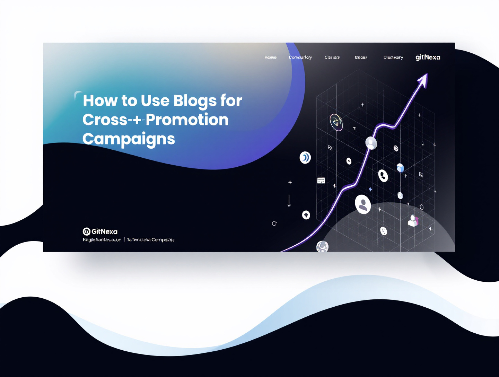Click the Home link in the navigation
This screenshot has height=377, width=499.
pyautogui.click(x=270, y=57)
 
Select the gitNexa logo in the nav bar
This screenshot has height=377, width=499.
pyautogui.click(x=428, y=57)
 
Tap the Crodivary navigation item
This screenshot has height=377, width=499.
pyautogui.click(x=393, y=57)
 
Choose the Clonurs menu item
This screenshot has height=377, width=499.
pyautogui.click(x=332, y=57)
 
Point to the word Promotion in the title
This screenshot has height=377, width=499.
pyautogui.click(x=187, y=120)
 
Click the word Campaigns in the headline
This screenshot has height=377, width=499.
pyautogui.click(x=129, y=139)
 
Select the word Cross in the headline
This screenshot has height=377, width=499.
pyautogui.click(x=105, y=120)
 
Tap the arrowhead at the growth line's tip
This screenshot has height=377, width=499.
pyautogui.click(x=423, y=79)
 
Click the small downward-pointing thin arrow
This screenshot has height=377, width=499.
pyautogui.click(x=289, y=201)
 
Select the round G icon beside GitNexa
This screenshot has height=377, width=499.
pyautogui.click(x=87, y=231)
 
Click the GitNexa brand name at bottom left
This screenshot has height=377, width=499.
pyautogui.click(x=104, y=231)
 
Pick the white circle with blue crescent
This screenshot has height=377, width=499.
pyautogui.click(x=305, y=158)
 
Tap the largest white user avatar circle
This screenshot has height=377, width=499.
pyautogui.click(x=363, y=204)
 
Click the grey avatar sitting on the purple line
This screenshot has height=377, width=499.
pyautogui.click(x=371, y=143)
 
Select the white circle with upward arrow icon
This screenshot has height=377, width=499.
pyautogui.click(x=306, y=215)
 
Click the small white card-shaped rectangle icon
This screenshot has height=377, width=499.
pyautogui.click(x=321, y=181)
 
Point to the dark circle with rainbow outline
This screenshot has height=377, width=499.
pyautogui.click(x=336, y=122)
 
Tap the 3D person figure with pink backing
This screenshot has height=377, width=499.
pyautogui.click(x=413, y=221)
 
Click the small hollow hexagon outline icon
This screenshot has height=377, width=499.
pyautogui.click(x=274, y=223)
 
